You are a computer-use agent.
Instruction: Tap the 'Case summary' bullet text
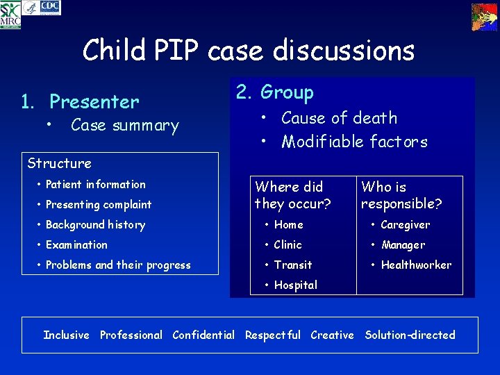(x=124, y=126)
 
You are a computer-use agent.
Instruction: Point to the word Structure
(x=59, y=163)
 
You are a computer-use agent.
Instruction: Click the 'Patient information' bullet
(x=95, y=184)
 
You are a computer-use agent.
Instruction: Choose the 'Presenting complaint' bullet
(x=98, y=204)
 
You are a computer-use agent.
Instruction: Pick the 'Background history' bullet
(x=95, y=224)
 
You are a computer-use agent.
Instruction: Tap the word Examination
(x=76, y=244)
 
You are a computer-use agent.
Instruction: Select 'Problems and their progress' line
(x=117, y=265)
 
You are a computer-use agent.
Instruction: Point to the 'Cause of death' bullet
(x=339, y=118)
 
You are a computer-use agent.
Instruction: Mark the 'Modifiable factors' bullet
(x=354, y=142)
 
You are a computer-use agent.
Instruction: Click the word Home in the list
(x=288, y=224)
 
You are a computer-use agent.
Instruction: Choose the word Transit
(x=293, y=265)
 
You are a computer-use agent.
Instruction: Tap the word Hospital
(x=295, y=285)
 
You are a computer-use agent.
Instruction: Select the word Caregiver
(x=406, y=224)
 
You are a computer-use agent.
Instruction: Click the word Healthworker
(x=416, y=265)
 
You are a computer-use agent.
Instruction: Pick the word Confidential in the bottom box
(x=203, y=335)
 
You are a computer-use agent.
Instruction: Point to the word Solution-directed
(x=410, y=335)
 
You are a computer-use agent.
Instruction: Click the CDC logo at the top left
(x=50, y=7)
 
